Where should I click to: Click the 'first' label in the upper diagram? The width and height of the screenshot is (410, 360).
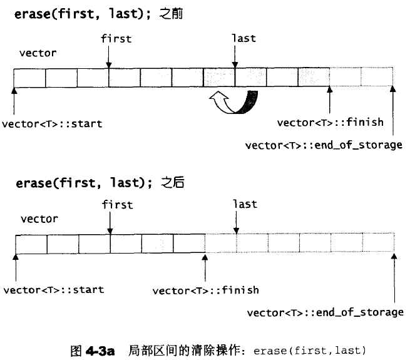point(116,39)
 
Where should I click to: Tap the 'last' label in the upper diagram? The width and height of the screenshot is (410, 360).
point(244,38)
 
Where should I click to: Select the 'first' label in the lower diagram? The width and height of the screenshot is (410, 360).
point(118,205)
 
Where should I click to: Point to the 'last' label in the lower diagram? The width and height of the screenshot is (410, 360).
point(245,204)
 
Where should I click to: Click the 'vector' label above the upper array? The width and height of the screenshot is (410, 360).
point(38,53)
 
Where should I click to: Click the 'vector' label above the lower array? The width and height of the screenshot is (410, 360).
point(39,219)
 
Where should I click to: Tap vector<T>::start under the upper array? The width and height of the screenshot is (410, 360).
point(52,124)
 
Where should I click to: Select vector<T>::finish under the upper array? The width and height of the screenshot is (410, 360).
point(331,123)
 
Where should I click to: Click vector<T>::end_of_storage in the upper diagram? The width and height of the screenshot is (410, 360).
point(324,145)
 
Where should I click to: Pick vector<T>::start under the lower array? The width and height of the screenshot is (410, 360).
point(54,290)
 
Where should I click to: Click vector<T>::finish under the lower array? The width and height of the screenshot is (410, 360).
point(206,291)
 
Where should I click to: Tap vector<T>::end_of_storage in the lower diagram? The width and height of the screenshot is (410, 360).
point(325,312)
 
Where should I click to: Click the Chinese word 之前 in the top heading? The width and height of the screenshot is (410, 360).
point(171,14)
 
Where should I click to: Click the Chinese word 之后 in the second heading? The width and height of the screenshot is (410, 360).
point(173,182)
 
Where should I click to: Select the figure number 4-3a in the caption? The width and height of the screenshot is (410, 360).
point(100,351)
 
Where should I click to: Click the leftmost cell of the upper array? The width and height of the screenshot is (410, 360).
point(29,78)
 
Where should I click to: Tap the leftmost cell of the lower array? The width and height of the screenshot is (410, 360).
point(31,244)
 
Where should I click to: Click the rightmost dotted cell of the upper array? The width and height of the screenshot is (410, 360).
point(377,76)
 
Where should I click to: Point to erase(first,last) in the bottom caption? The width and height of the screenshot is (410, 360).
point(310,351)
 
